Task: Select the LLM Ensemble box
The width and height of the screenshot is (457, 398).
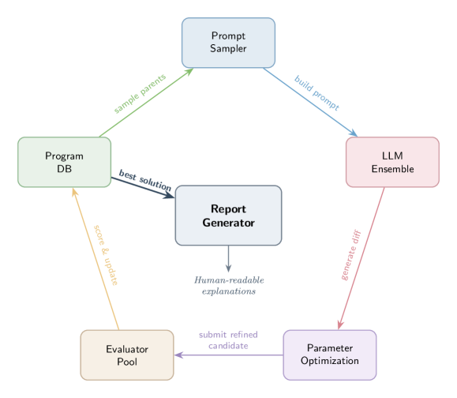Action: point(391,162)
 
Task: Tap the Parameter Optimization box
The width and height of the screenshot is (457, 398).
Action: point(329,354)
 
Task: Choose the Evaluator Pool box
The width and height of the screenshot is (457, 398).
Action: point(126,355)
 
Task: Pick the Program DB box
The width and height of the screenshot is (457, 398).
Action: point(64,162)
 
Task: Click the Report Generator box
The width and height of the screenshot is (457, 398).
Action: point(228,216)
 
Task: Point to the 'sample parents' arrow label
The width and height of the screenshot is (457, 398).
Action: point(140,94)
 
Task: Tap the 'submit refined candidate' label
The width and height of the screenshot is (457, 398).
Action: point(228,340)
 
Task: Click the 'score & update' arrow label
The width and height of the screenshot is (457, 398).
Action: point(104,257)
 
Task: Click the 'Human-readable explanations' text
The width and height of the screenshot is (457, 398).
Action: point(228,285)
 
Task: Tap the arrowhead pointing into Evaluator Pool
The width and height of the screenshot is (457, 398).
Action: point(179,355)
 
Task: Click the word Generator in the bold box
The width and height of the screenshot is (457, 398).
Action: point(228,223)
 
